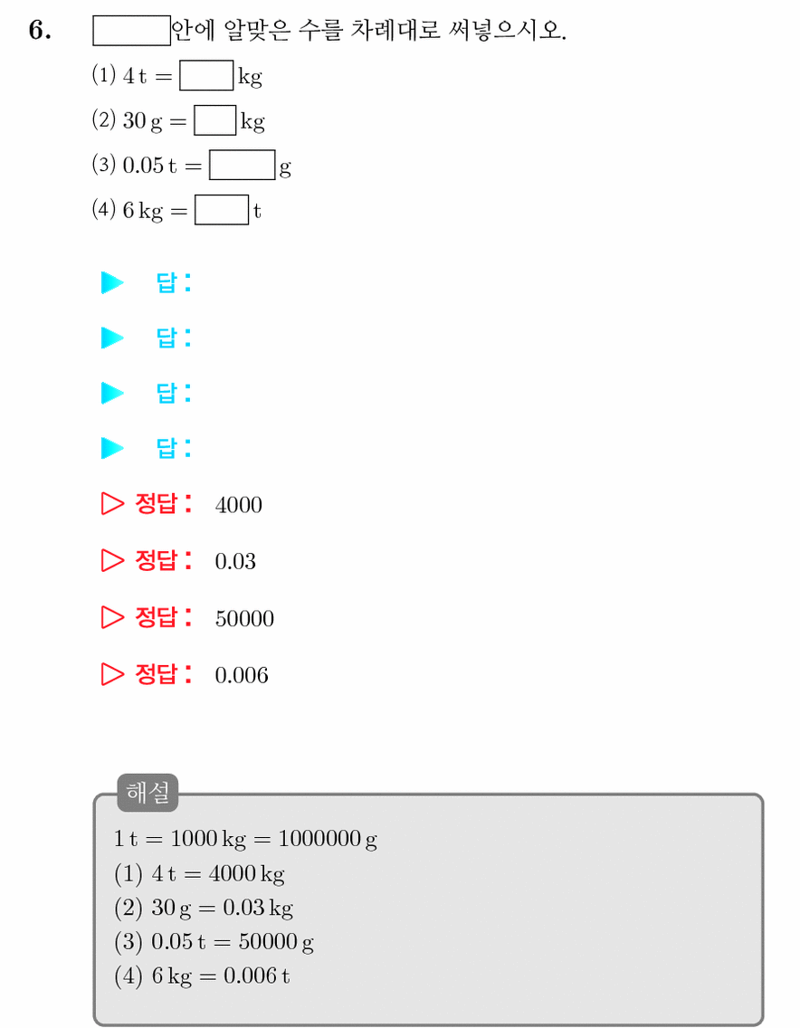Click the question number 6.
(39, 30)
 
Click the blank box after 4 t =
(206, 75)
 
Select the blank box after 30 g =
(215, 120)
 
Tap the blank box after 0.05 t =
(242, 166)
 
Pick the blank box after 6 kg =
(222, 210)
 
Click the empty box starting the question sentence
(132, 31)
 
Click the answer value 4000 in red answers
(239, 505)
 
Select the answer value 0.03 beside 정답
(235, 561)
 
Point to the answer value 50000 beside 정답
(244, 618)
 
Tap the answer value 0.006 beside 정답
(242, 675)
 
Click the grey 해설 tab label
(148, 793)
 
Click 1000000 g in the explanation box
(328, 839)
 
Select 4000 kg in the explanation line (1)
(246, 874)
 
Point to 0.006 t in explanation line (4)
(256, 976)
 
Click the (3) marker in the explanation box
(129, 942)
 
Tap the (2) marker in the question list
(103, 120)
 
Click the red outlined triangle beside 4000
(112, 503)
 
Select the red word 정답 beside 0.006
(156, 674)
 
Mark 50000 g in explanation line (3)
(276, 942)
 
